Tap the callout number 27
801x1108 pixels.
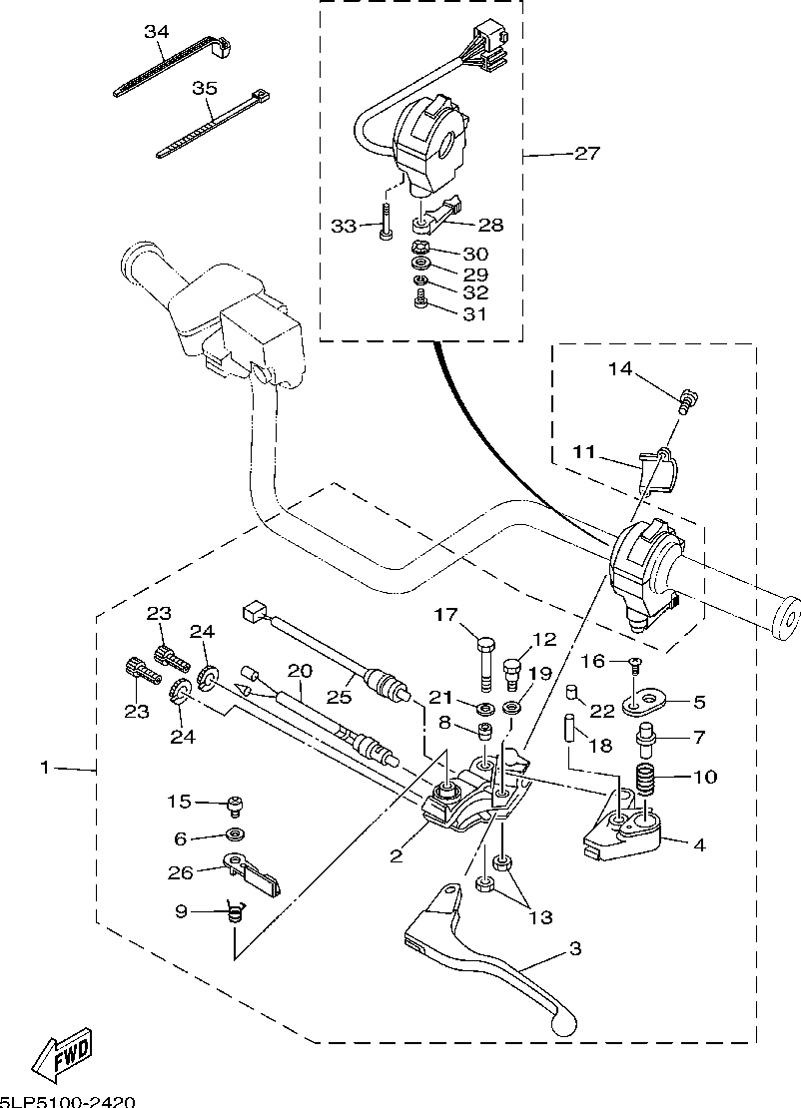pyautogui.click(x=586, y=154)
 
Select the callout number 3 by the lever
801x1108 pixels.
pyautogui.click(x=575, y=949)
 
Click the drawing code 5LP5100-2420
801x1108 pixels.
pyautogui.click(x=67, y=1101)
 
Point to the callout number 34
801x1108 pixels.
pyautogui.click(x=157, y=32)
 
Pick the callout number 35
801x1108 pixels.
pyautogui.click(x=204, y=89)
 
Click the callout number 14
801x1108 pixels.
pyautogui.click(x=620, y=369)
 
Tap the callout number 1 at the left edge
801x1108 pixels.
pyautogui.click(x=45, y=768)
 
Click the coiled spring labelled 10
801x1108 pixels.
pyautogui.click(x=645, y=776)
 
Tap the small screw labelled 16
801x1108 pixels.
pyautogui.click(x=635, y=662)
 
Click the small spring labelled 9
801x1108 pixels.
pyautogui.click(x=237, y=910)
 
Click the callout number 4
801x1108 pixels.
pyautogui.click(x=699, y=844)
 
